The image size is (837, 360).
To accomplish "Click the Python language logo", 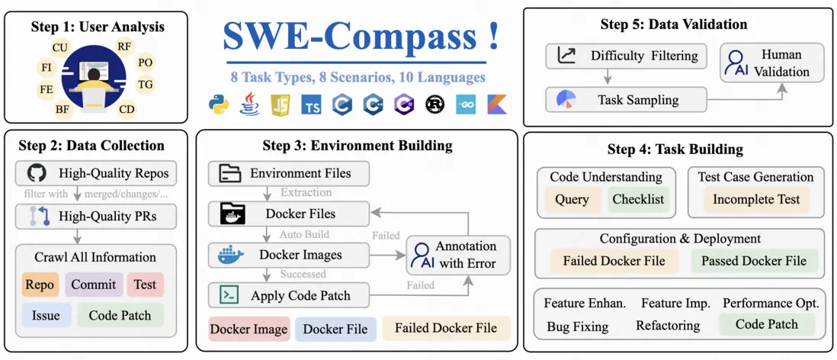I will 220,105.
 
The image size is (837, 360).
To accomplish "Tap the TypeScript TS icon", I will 311,105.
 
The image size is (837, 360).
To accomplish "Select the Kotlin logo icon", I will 496,105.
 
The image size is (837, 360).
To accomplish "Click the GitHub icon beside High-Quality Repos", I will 36,172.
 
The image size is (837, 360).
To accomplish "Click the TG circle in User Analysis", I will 145,84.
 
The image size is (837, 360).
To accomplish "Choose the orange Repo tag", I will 40,284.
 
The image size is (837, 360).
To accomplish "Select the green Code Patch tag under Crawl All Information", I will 120,315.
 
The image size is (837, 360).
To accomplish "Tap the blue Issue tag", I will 40,315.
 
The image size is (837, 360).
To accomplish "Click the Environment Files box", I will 289,173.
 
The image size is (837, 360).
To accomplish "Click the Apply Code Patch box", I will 289,294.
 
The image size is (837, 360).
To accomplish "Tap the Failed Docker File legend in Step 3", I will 446,329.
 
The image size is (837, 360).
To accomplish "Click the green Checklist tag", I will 637,199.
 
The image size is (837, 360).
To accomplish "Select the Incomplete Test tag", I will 756,199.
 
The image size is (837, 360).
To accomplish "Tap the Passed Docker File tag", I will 753,260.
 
